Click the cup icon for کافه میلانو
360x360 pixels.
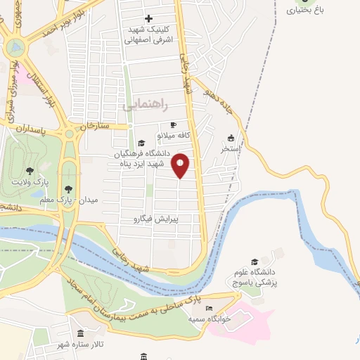173,124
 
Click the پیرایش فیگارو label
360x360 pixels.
157,219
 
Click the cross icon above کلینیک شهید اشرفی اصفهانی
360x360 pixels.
148,18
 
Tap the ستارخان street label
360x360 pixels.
96,126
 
